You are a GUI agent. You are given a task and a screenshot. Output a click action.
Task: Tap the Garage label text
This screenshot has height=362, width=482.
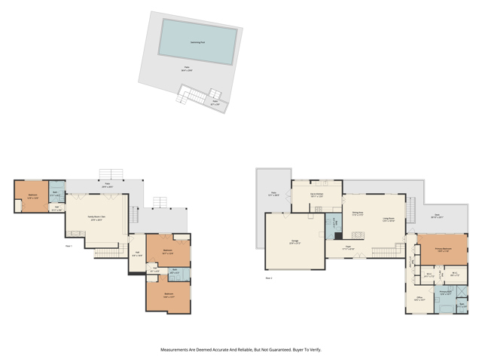[x=294, y=241]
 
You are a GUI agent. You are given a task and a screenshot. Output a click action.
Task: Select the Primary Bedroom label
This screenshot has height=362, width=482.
[x=442, y=248]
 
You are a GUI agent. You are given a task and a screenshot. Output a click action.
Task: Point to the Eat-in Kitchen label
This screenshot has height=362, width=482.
[x=316, y=194]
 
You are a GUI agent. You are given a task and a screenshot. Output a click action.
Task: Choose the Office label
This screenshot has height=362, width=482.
[x=419, y=298]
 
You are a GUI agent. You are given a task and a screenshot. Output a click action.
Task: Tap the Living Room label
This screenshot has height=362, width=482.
[x=389, y=219]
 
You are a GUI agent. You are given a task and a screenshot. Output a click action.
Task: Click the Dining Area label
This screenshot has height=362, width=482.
[x=358, y=213]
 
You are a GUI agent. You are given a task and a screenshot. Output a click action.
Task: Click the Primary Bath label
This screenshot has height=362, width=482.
[x=445, y=292]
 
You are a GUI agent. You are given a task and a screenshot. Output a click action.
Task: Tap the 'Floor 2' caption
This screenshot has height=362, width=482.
[x=269, y=278]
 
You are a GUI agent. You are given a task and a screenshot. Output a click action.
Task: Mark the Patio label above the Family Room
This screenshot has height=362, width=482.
[x=108, y=185]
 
